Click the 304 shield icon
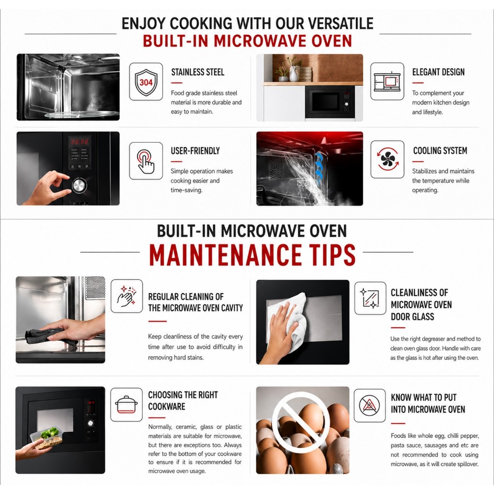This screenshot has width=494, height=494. (x=146, y=82)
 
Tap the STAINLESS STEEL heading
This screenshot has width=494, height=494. (x=197, y=72)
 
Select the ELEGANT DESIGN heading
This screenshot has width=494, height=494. (x=438, y=72)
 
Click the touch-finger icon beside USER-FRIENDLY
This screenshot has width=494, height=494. (x=146, y=161)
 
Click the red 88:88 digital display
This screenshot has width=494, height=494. (x=80, y=141)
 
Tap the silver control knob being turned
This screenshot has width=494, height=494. (x=79, y=186)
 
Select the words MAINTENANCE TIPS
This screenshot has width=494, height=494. (x=252, y=255)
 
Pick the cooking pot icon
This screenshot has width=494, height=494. (x=126, y=405)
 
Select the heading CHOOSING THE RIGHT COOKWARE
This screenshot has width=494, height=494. (x=183, y=400)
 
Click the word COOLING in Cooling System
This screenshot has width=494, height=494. (x=426, y=151)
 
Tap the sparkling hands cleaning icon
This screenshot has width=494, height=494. (x=126, y=296)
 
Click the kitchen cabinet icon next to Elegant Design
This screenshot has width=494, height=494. (x=387, y=81)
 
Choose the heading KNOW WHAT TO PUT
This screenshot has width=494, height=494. (x=424, y=398)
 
